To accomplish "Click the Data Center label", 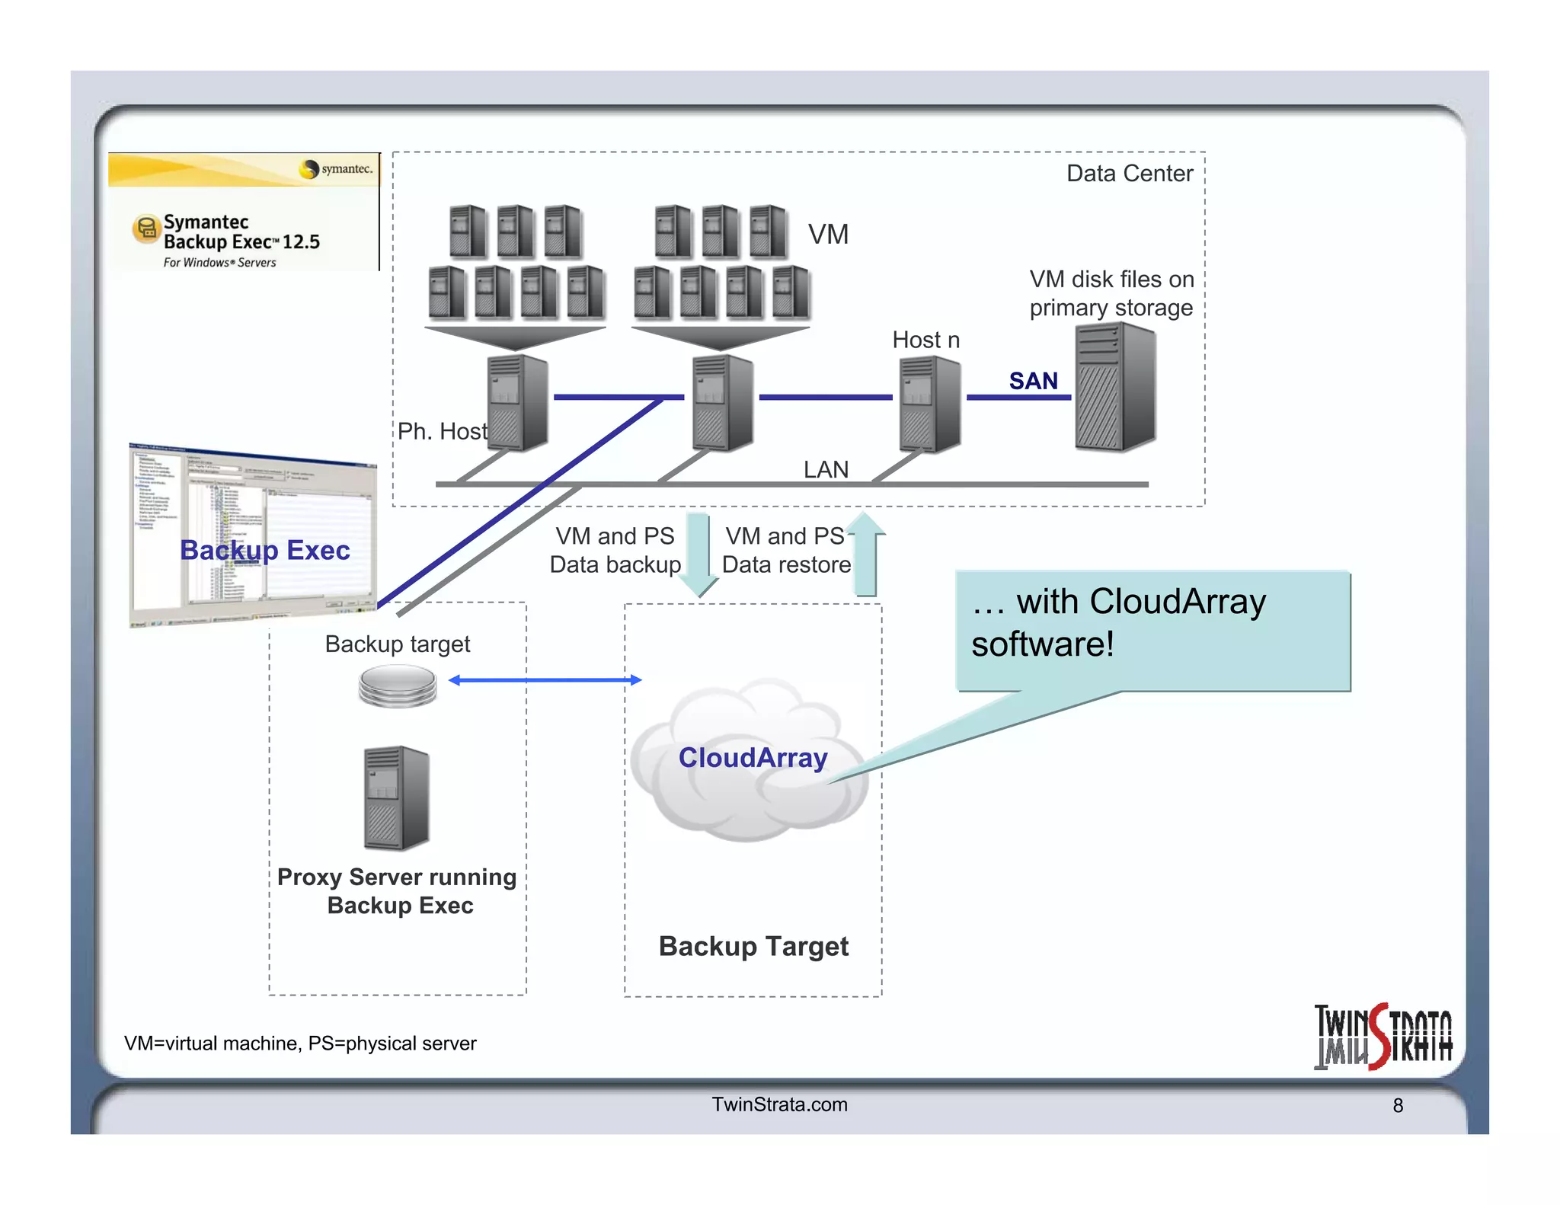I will (x=1129, y=174).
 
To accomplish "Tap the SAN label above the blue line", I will (x=1033, y=380).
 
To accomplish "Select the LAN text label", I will (x=826, y=469).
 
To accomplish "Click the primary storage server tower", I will (x=1115, y=387).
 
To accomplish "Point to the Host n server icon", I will (x=929, y=404).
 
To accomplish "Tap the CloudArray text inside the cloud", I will (x=753, y=757).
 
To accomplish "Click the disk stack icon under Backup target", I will (x=398, y=686).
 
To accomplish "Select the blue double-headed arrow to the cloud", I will (x=545, y=679).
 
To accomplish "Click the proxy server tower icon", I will (x=396, y=797).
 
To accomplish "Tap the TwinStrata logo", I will (x=1383, y=1037).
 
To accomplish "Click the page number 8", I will (x=1398, y=1105).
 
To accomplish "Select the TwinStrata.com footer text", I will (x=779, y=1104).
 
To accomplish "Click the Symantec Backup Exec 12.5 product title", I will (x=241, y=232).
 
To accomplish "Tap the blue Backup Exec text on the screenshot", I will (x=264, y=550).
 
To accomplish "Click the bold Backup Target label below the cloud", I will (x=753, y=946).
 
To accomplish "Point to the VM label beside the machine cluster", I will (x=828, y=234).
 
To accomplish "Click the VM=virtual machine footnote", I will (x=300, y=1043).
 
